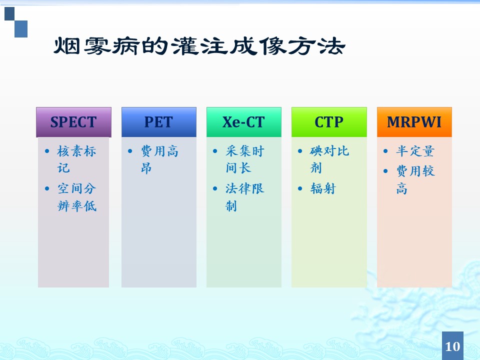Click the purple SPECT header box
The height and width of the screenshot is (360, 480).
(x=73, y=122)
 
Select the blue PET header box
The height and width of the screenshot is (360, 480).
(x=159, y=122)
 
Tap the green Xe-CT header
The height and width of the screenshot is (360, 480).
(x=244, y=122)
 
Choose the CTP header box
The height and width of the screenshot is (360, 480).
(x=329, y=122)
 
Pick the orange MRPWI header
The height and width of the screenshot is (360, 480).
(x=414, y=122)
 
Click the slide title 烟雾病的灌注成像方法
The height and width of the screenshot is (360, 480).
(x=199, y=46)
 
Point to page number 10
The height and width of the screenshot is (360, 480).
(x=452, y=346)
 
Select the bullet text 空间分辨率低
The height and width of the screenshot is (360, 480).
(x=77, y=197)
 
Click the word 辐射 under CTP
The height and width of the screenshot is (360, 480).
(x=323, y=188)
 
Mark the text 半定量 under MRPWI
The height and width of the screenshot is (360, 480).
(x=415, y=151)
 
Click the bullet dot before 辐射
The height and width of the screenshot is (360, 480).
(x=300, y=188)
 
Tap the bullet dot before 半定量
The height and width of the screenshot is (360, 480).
(x=385, y=151)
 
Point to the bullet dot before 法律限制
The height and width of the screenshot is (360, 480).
(x=215, y=188)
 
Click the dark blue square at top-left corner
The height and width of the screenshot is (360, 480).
(x=9, y=14)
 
